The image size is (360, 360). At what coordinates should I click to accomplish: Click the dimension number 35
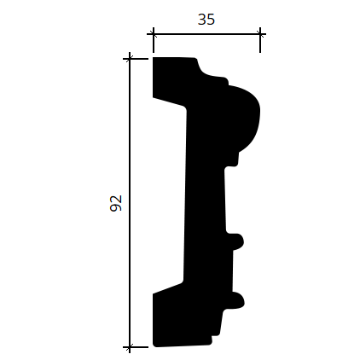(x=206, y=20)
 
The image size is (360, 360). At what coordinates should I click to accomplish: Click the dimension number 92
(x=116, y=203)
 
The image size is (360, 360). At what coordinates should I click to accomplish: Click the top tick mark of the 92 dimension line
(x=130, y=59)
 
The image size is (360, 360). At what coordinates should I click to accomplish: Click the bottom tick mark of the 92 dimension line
(x=130, y=347)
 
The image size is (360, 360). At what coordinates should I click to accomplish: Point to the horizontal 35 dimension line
(x=206, y=34)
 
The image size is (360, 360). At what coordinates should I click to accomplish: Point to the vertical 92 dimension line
(x=130, y=203)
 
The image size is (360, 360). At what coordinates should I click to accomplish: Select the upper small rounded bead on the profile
(x=236, y=241)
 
